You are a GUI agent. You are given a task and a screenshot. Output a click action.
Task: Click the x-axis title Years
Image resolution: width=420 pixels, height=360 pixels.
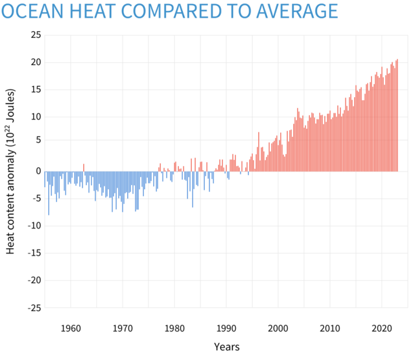point(226,346)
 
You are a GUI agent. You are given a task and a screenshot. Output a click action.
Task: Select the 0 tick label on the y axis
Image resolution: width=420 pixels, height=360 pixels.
point(38,172)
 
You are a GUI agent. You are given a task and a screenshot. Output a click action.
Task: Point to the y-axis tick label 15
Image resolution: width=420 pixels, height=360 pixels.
point(35,89)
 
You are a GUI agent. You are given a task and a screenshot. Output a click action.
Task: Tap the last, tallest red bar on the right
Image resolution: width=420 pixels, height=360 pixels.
point(397,115)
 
